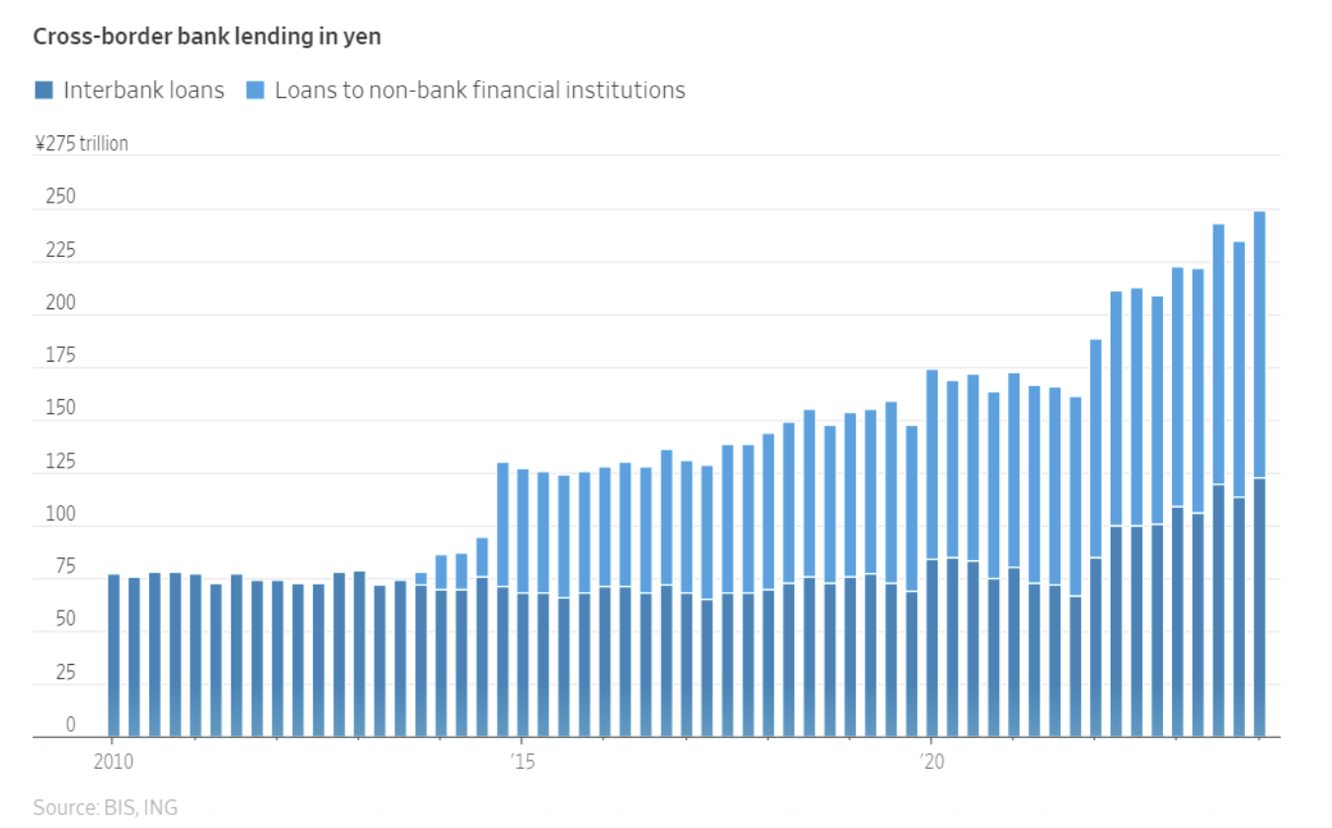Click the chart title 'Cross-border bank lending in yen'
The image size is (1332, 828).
click(207, 37)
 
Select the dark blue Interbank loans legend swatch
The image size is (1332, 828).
click(44, 90)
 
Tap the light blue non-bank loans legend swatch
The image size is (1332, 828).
click(255, 90)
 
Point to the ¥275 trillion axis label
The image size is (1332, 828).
click(81, 143)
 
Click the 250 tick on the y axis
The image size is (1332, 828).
click(60, 197)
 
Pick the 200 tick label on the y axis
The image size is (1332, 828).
click(60, 302)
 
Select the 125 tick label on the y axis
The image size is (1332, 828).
click(60, 461)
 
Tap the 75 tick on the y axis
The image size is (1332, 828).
click(65, 566)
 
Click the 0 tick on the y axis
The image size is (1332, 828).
click(71, 724)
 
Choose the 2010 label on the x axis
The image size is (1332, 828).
click(113, 762)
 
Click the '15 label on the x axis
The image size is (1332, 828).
click(523, 762)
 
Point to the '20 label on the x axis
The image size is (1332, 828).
click(932, 762)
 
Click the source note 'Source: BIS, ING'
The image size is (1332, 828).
click(106, 807)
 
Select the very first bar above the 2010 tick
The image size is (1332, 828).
click(114, 656)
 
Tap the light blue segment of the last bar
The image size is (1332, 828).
click(1260, 345)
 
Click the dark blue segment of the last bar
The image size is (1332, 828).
click(1260, 608)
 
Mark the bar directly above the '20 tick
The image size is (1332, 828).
click(932, 553)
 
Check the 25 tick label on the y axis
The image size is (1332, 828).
click(65, 672)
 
